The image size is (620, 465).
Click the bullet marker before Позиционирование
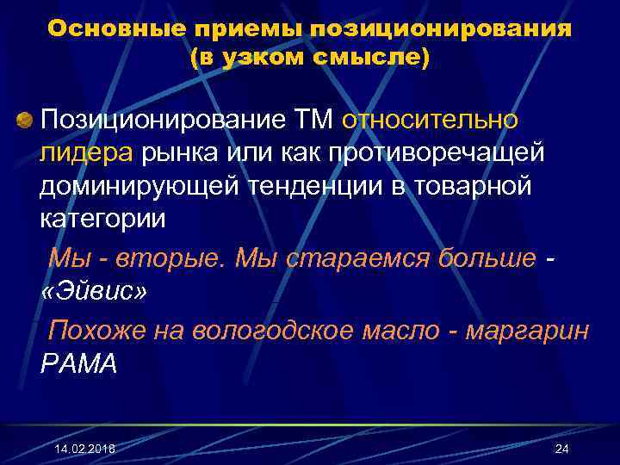tap(25, 118)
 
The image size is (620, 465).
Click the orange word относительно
tap(431, 119)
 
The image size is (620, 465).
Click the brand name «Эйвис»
tap(94, 291)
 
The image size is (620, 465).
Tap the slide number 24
tap(563, 449)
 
